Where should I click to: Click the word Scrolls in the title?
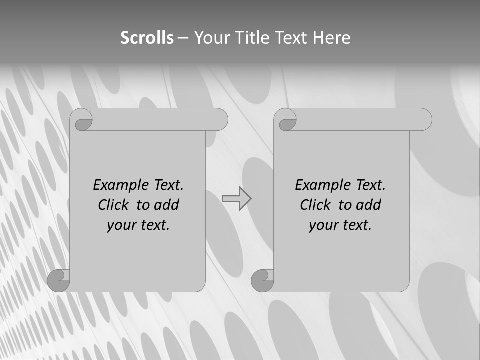(x=147, y=38)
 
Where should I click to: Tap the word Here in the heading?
(x=332, y=38)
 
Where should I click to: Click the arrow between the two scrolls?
(x=237, y=198)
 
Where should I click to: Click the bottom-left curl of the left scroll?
(x=59, y=281)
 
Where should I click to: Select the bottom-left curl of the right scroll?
(x=263, y=281)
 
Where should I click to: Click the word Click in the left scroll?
(x=113, y=205)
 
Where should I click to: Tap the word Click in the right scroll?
(x=315, y=205)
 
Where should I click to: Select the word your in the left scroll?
(x=120, y=225)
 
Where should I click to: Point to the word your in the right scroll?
(x=322, y=225)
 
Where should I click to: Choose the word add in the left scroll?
(x=167, y=205)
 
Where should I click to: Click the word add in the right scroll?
(x=369, y=205)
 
